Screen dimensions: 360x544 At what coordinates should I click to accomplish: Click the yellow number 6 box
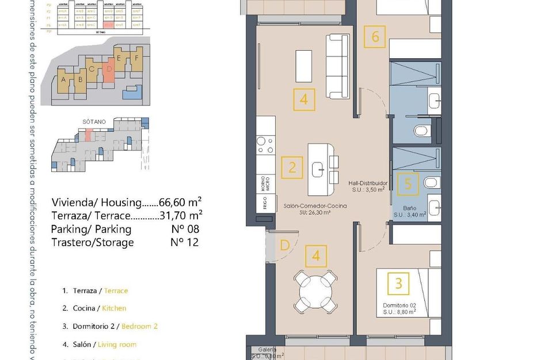coord(375,37)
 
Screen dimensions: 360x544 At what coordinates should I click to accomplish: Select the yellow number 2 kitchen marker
coord(292,168)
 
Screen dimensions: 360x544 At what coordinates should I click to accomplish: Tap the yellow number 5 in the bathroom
coord(408,184)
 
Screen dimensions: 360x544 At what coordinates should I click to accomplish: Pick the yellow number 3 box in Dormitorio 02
coord(398,283)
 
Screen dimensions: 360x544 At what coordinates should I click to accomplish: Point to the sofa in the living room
coord(338,66)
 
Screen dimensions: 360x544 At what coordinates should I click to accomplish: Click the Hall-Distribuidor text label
coord(368,183)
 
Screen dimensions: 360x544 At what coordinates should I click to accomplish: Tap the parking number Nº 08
coord(184,229)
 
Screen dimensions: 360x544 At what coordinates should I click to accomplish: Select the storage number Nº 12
coord(184,242)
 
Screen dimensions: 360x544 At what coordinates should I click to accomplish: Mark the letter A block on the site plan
coord(63,80)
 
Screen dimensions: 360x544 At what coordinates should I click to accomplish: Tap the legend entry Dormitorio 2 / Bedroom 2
coord(115,326)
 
